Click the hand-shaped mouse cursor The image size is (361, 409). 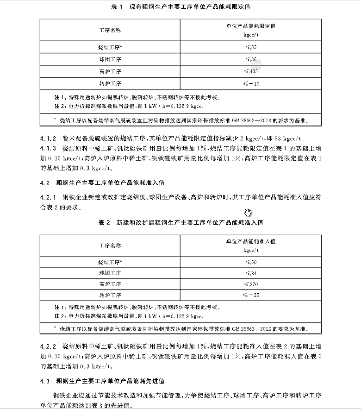[248, 213]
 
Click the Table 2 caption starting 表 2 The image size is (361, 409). [180, 223]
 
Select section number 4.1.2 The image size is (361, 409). [48, 138]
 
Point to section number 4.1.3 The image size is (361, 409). [48, 149]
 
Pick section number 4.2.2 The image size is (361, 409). [48, 346]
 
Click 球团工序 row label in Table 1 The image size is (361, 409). [110, 59]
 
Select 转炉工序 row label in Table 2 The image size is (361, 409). [110, 295]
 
